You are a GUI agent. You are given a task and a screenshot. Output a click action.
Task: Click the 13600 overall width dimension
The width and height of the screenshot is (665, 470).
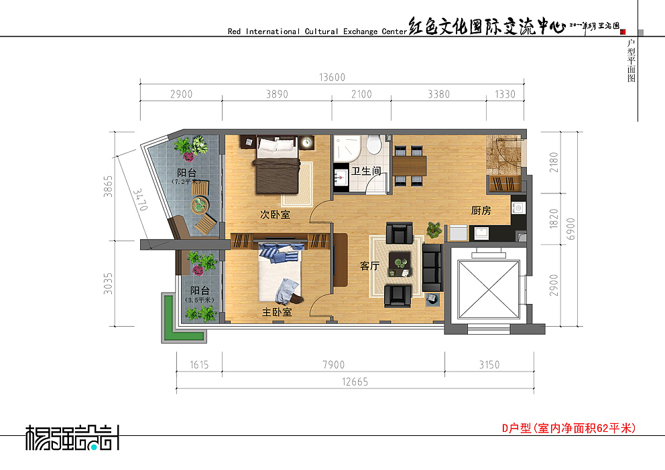point(332,77)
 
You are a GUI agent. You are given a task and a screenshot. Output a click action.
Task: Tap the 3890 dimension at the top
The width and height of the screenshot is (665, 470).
point(277,94)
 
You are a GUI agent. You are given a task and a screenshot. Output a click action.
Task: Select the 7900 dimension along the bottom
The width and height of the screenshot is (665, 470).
point(333,365)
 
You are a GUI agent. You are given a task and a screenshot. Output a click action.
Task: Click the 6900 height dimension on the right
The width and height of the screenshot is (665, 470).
point(571,229)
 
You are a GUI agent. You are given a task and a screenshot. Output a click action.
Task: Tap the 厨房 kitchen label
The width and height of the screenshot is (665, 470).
point(481,211)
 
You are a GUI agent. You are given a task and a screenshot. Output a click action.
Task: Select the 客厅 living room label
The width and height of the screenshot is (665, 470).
point(370,266)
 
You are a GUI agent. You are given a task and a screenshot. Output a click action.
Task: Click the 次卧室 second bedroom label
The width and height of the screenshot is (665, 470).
point(275,215)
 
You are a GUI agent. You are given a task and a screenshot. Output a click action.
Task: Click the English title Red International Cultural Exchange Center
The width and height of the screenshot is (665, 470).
point(317,31)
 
